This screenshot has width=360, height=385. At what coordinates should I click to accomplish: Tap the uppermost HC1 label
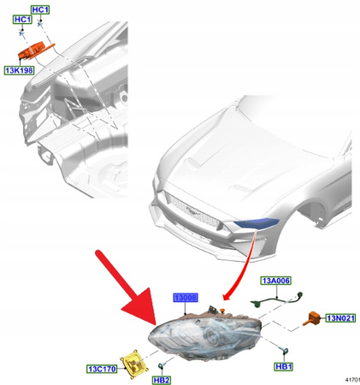tap(40, 9)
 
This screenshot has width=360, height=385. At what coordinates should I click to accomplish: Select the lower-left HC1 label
tap(22, 21)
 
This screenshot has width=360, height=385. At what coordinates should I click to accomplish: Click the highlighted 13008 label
tap(185, 298)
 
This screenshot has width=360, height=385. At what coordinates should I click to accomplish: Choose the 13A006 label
tap(275, 280)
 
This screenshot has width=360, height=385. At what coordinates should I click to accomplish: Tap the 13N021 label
tap(340, 318)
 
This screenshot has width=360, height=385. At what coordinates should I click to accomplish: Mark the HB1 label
tap(283, 366)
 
